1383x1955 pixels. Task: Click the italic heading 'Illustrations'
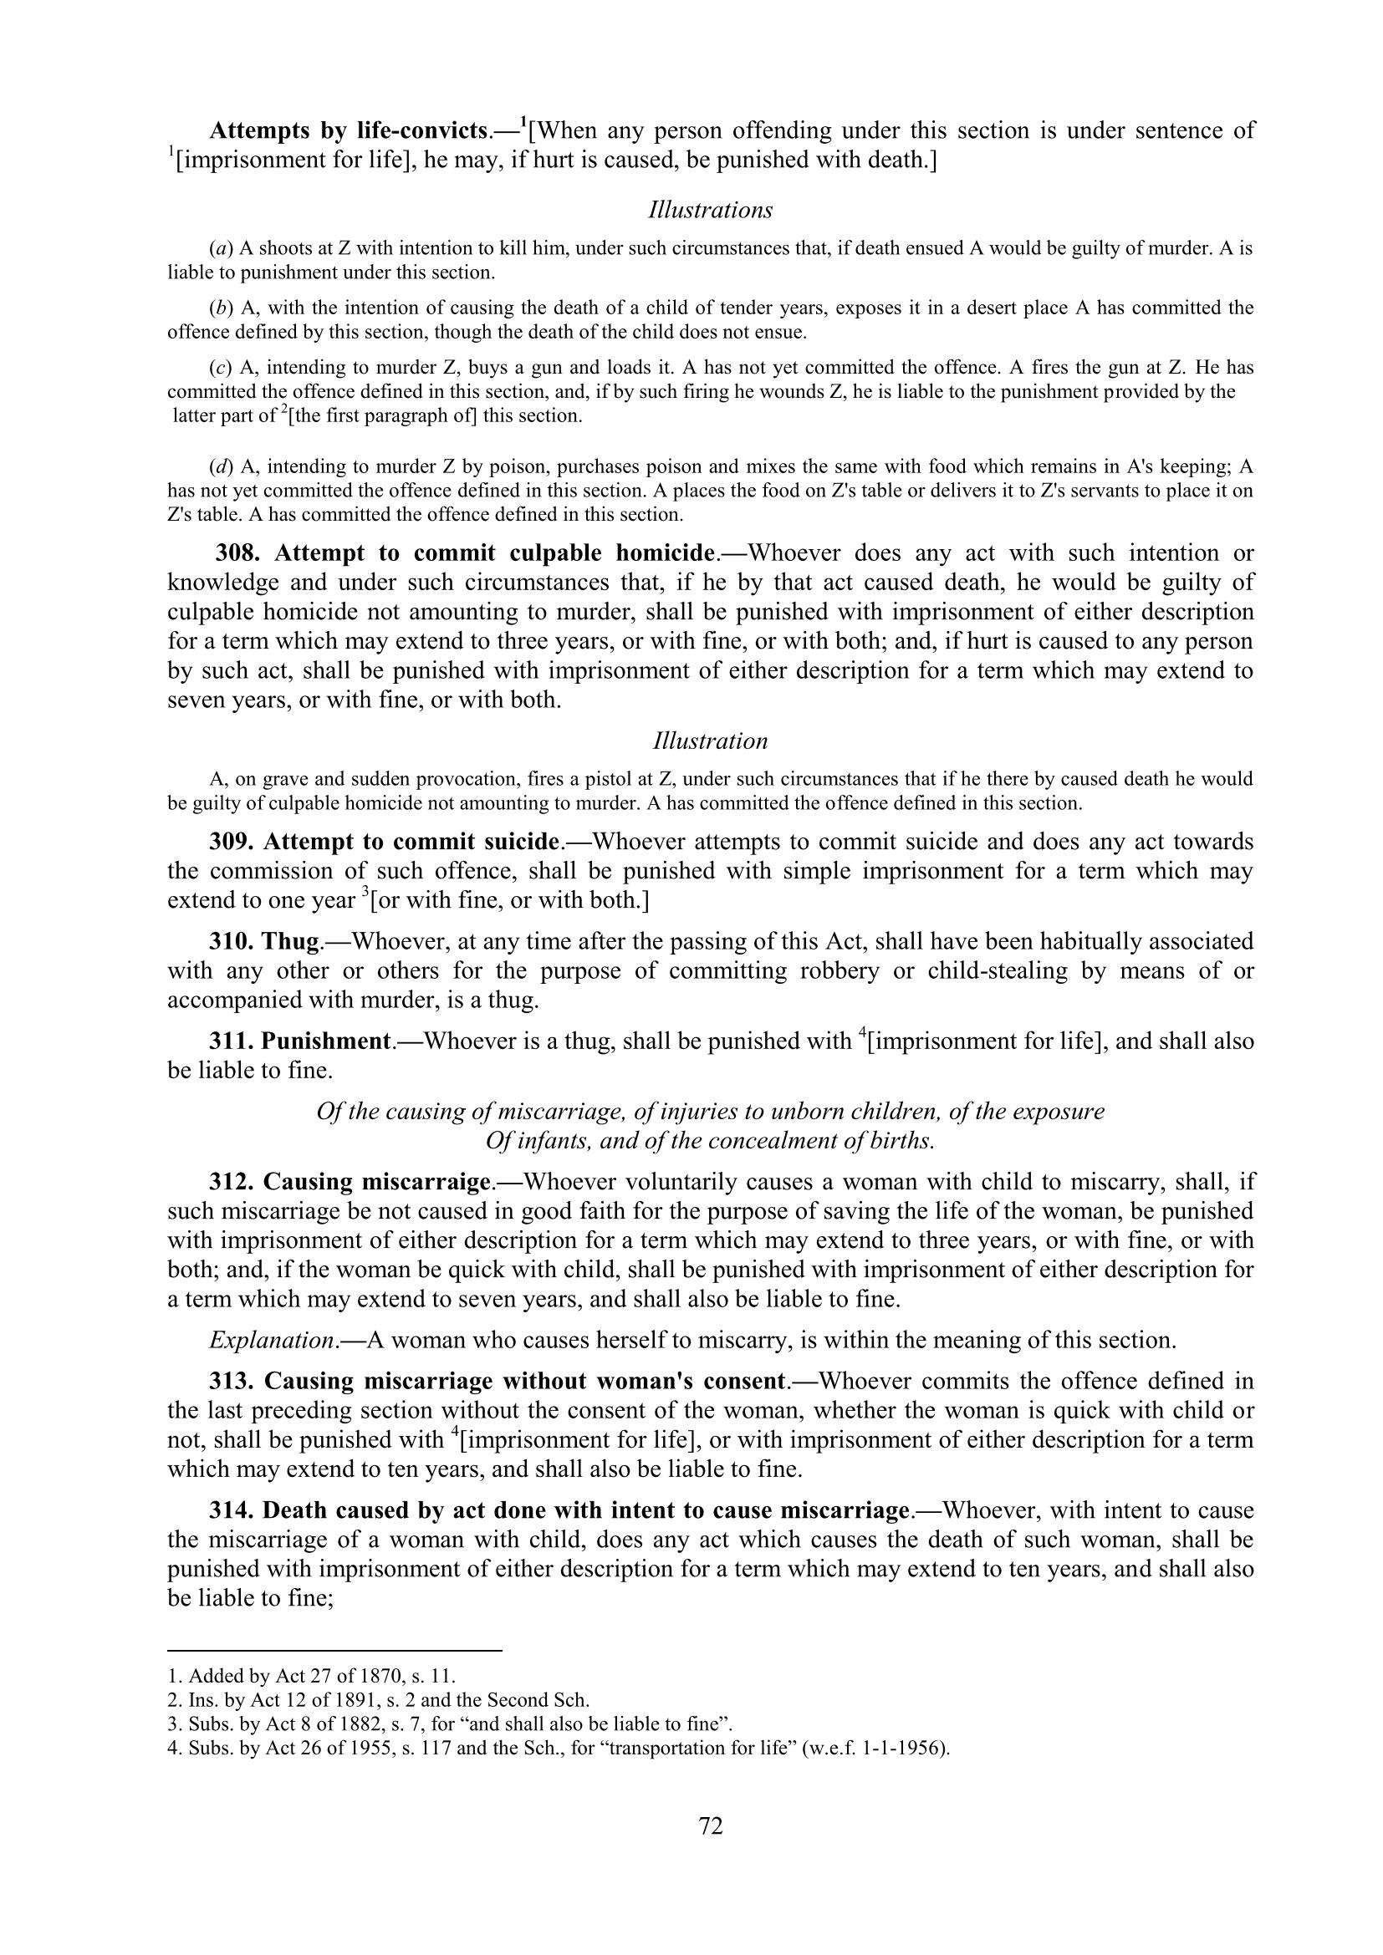pyautogui.click(x=710, y=210)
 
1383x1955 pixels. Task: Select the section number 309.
pyautogui.click(x=232, y=843)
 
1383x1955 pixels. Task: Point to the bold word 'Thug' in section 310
pyautogui.click(x=290, y=942)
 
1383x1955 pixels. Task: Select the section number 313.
pyautogui.click(x=232, y=1381)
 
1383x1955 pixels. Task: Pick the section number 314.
pyautogui.click(x=232, y=1510)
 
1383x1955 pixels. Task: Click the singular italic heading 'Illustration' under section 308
pyautogui.click(x=710, y=741)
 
